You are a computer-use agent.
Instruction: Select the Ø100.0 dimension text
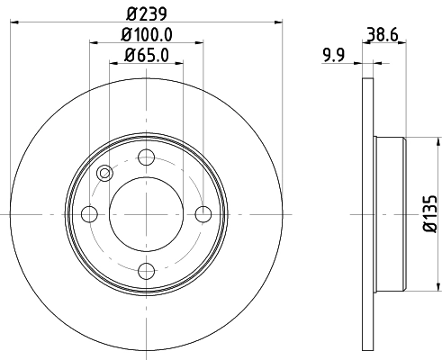147,36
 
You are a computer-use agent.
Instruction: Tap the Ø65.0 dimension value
147,56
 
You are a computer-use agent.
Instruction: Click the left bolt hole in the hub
90,213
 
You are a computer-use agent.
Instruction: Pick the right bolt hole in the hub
203,213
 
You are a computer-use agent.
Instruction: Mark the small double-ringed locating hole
104,174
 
